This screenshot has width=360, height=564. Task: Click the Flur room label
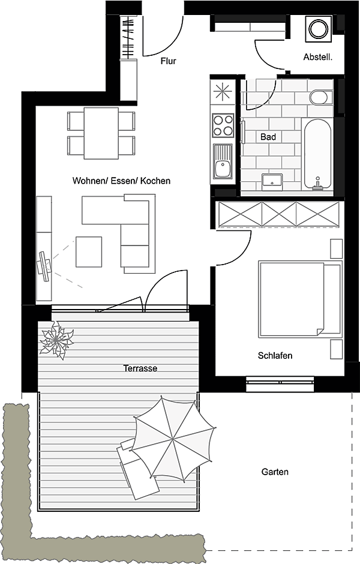point(169,61)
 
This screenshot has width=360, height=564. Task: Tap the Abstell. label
point(318,57)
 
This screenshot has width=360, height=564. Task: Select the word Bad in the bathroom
point(268,137)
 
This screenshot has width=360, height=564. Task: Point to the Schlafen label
point(275,355)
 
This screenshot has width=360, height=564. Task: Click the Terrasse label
point(140,368)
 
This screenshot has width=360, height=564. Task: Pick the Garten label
point(275,472)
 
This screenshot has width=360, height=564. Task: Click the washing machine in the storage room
point(318,29)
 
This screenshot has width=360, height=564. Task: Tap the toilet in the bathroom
point(321,97)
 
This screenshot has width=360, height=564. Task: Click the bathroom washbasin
point(272,182)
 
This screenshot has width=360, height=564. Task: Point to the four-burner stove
point(223,125)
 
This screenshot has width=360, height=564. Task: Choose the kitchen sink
point(223,161)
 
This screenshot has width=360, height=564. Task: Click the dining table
point(101,133)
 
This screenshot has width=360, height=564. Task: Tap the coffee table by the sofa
point(88,252)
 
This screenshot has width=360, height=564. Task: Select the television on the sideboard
point(44,266)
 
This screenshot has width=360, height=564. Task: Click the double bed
point(300,299)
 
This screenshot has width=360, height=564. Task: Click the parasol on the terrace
point(173,439)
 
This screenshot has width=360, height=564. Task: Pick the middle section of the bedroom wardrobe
point(279,214)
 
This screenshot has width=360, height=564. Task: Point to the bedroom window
point(280,384)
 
